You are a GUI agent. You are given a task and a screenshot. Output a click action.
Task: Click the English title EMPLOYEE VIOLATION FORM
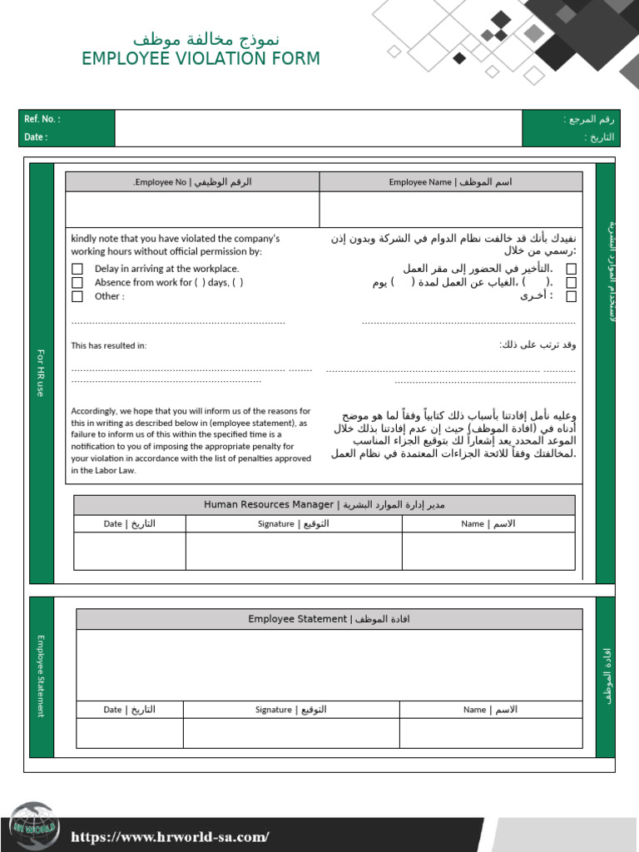click(x=201, y=59)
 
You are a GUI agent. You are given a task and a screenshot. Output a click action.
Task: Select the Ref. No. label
click(x=42, y=119)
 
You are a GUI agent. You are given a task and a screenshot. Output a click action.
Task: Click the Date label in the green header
click(x=36, y=137)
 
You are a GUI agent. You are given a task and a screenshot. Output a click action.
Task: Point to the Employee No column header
click(x=192, y=182)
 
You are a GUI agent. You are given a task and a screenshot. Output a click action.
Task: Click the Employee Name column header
click(x=450, y=182)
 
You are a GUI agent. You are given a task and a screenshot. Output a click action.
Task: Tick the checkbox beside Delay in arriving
click(x=77, y=269)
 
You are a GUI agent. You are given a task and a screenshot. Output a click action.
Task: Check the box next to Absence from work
click(x=77, y=283)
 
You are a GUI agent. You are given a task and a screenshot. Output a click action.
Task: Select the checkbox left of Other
click(x=77, y=296)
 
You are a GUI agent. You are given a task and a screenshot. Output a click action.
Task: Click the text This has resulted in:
click(x=109, y=345)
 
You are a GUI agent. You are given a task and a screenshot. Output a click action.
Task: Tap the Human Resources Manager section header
click(x=324, y=505)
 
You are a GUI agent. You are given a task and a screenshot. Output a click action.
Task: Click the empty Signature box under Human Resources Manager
click(x=294, y=551)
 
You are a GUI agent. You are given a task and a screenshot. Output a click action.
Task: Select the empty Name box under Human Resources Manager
click(x=488, y=551)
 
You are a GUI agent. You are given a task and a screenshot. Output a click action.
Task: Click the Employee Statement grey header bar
click(x=329, y=619)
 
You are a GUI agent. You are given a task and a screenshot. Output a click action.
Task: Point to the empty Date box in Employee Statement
click(x=129, y=733)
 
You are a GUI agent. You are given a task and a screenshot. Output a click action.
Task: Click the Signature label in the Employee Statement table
click(x=290, y=710)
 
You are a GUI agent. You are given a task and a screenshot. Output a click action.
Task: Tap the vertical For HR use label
click(x=41, y=373)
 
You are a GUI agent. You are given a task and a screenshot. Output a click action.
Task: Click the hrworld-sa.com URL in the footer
click(x=170, y=837)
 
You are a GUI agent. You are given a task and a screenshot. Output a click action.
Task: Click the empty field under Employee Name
click(x=450, y=210)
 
